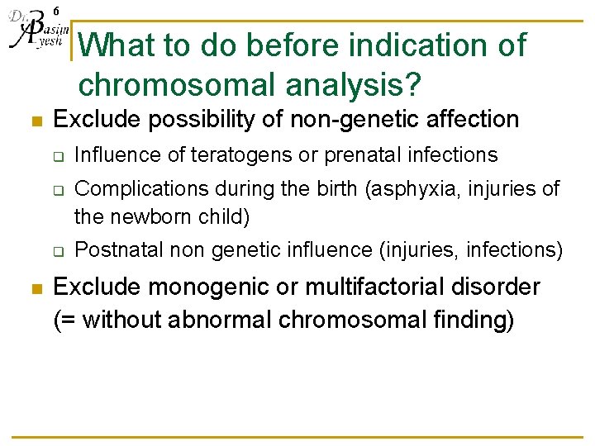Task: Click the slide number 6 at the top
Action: (55, 10)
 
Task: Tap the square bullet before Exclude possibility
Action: (35, 121)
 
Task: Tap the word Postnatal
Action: (112, 249)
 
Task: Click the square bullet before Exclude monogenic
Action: (35, 289)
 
